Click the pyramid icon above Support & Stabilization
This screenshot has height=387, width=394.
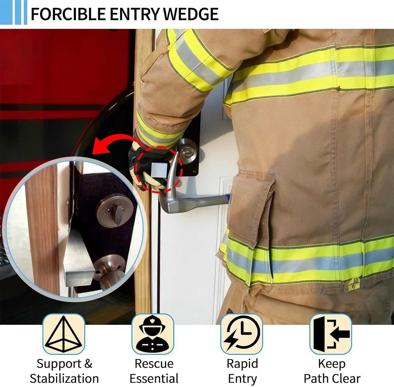click(64, 334)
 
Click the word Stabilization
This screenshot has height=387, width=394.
click(64, 379)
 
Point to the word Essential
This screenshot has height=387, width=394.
click(154, 379)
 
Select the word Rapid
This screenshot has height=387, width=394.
click(242, 364)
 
